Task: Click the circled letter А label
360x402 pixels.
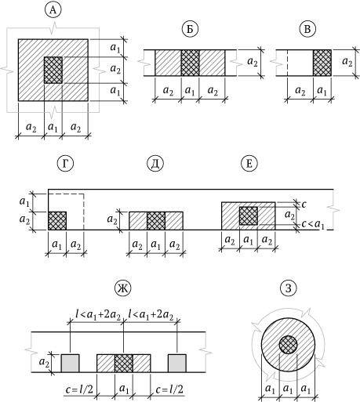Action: pyautogui.click(x=53, y=11)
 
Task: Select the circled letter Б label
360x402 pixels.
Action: pyautogui.click(x=190, y=30)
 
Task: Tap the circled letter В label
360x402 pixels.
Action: pyautogui.click(x=307, y=30)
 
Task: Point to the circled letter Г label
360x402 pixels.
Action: pyautogui.click(x=65, y=163)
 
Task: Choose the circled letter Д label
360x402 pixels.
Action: pyautogui.click(x=155, y=163)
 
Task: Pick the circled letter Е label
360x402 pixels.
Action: pyautogui.click(x=249, y=163)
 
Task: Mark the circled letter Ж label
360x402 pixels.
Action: pyautogui.click(x=123, y=288)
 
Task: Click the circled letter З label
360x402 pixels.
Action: pyautogui.click(x=289, y=288)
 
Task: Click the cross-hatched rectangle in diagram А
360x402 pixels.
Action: pyautogui.click(x=53, y=70)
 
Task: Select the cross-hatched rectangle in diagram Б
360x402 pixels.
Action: pyautogui.click(x=190, y=63)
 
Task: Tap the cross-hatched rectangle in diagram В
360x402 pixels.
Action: pyautogui.click(x=322, y=63)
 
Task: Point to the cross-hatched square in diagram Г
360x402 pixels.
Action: pyautogui.click(x=57, y=221)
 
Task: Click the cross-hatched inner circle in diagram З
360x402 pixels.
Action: pyautogui.click(x=288, y=345)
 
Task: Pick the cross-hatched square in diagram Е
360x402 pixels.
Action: pyautogui.click(x=249, y=215)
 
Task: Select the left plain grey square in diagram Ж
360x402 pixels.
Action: pyautogui.click(x=70, y=363)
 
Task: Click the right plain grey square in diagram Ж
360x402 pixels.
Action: pyautogui.click(x=177, y=363)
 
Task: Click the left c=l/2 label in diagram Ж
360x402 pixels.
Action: pyautogui.click(x=79, y=389)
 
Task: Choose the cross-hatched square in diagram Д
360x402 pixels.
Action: pyautogui.click(x=156, y=221)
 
